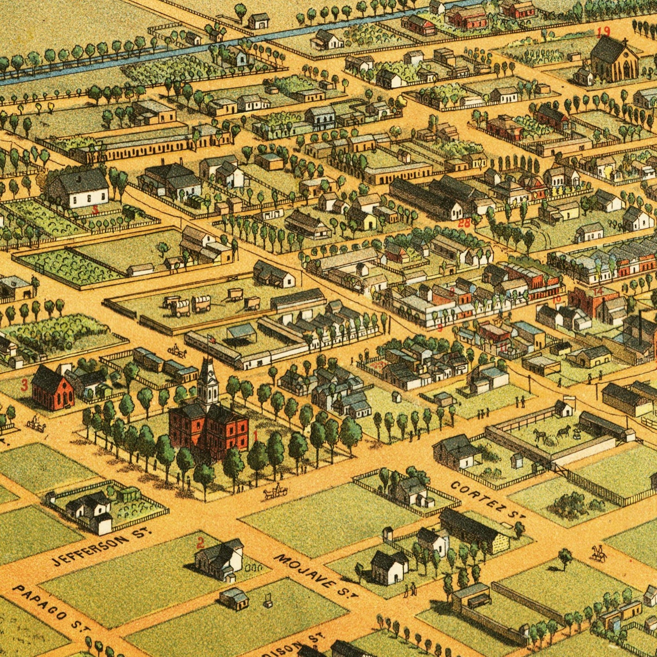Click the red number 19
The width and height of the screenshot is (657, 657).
click(x=603, y=32)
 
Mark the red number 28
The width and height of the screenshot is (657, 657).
click(x=464, y=223)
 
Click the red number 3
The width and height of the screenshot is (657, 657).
click(x=24, y=386)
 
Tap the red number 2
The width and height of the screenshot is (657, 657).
click(x=200, y=542)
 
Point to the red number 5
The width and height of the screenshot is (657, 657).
click(x=95, y=210)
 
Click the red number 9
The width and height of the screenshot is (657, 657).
click(x=439, y=328)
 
